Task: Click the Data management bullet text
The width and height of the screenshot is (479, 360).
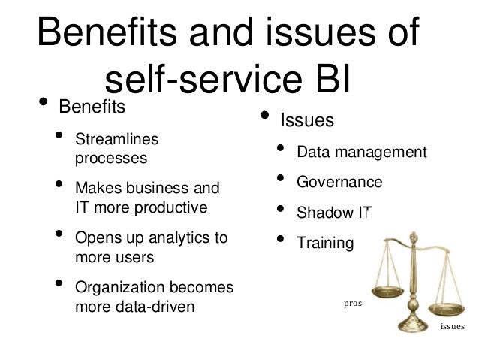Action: pos(361,153)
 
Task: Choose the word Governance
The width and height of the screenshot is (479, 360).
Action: pos(339,183)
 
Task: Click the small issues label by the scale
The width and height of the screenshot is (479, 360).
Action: pos(452,327)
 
